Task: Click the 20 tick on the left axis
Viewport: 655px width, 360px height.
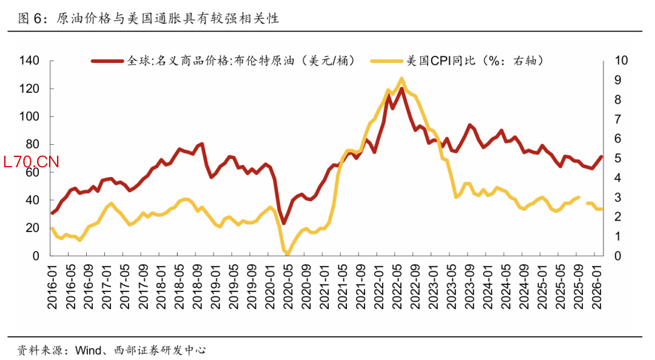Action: (33, 228)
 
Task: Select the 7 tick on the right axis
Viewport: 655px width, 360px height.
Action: (618, 119)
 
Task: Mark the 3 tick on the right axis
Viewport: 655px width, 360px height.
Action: (618, 198)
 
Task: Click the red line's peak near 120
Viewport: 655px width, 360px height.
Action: (401, 88)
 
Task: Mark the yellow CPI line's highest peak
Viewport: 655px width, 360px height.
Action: (401, 78)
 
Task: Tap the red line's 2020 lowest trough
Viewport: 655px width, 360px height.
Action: (283, 223)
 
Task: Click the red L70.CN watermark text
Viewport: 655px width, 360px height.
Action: (31, 162)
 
